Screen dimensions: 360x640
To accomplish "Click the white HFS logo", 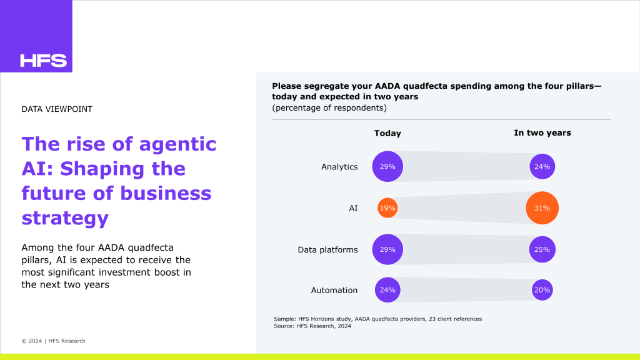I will point(43,61).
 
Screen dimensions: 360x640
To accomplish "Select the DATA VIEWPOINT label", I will point(57,109).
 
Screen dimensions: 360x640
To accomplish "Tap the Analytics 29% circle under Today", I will point(387,167).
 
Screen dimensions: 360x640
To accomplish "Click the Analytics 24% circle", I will point(542,167).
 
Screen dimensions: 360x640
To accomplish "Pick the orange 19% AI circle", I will point(387,208).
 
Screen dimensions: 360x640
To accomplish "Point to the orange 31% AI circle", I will point(542,208).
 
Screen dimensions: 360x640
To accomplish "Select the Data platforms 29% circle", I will point(387,249).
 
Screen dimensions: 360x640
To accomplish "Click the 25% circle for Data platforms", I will point(542,249).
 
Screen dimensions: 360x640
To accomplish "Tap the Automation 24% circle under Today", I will point(387,290).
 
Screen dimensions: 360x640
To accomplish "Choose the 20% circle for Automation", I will point(542,290).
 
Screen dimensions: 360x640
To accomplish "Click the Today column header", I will point(387,133).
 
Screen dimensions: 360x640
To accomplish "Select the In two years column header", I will point(542,132).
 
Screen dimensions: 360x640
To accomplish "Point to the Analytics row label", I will point(339,167).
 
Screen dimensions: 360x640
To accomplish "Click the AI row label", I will point(353,208).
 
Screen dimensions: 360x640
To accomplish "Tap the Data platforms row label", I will point(327,249).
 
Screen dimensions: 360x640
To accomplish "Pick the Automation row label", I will point(334,290).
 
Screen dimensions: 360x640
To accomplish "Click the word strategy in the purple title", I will point(65,218).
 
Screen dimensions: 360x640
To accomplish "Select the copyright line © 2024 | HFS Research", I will point(53,341).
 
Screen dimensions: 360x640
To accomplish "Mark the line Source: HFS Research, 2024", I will point(312,326).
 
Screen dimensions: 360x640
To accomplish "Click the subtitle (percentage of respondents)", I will point(329,108).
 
